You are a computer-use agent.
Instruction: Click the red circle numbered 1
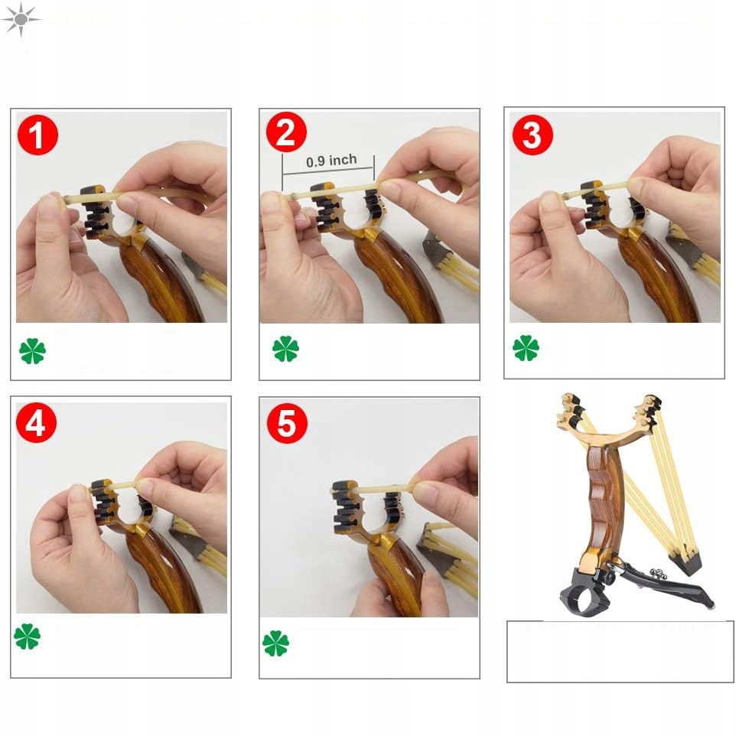coord(37,135)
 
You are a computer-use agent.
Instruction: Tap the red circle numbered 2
coord(286,132)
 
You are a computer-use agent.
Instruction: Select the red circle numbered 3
coord(532,135)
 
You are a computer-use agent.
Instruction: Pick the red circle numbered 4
coord(36,422)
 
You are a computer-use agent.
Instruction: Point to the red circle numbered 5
coord(287,423)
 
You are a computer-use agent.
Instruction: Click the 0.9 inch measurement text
coord(331,161)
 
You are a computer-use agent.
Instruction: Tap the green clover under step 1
coord(32,351)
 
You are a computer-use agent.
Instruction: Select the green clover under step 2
coord(285,349)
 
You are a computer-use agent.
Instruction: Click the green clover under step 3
coord(526,348)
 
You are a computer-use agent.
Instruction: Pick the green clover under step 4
coord(28,637)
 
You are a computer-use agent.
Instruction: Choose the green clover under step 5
coord(275,643)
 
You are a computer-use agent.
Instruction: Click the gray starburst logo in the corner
coord(21,19)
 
